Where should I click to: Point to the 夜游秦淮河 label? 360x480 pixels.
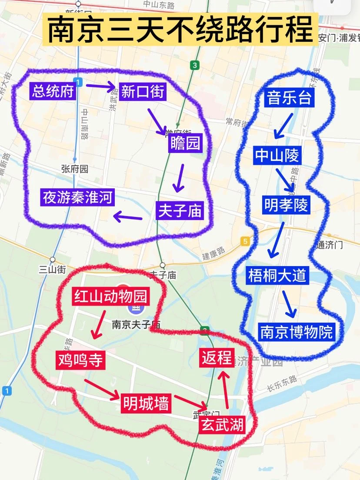point(78,197)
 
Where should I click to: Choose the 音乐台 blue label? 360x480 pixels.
point(290,98)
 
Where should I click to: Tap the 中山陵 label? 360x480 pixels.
point(277,155)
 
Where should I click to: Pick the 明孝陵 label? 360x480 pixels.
point(286,205)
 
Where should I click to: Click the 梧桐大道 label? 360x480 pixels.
point(277,276)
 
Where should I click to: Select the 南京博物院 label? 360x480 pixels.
point(297,332)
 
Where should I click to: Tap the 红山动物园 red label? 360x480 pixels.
point(111,297)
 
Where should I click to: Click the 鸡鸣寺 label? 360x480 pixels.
point(81,360)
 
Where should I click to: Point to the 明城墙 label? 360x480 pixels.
point(145,403)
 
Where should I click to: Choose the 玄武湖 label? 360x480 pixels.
point(222,424)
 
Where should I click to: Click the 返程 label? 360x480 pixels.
point(217,357)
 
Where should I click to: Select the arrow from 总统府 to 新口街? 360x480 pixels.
point(101,86)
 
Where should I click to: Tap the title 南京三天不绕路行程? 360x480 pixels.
point(180,30)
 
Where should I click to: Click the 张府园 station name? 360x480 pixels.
point(75,169)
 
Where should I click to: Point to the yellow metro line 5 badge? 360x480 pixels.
point(246,241)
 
